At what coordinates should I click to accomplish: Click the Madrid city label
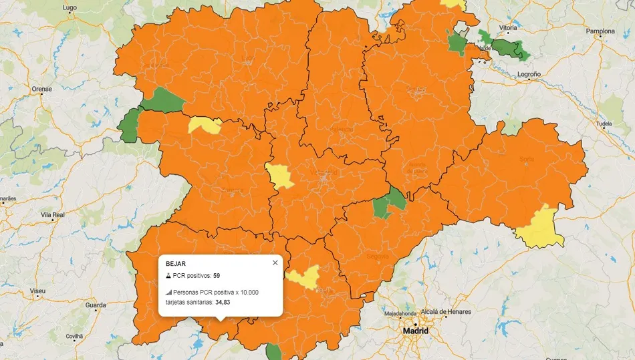pos(414,331)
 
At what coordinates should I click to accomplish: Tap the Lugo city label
pos(70,8)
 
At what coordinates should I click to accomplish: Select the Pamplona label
pos(600,31)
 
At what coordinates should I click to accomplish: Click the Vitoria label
pos(508,28)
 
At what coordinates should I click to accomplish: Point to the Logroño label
pos(529,74)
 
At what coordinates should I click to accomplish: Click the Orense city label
pos(41,89)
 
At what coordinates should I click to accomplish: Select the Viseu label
pos(38,292)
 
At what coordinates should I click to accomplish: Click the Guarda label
pos(96,305)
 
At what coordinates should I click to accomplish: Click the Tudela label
pos(604,124)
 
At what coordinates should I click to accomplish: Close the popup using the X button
pos(275,262)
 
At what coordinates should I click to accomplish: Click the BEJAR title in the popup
pos(175,264)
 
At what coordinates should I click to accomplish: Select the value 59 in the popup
pos(217,275)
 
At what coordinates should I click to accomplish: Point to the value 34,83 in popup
pos(224,303)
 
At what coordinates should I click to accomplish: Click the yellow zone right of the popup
pos(304,277)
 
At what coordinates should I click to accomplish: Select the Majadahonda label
pos(402,313)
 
